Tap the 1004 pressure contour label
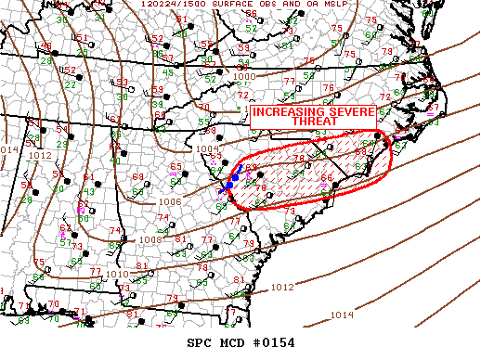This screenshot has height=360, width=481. (x=206, y=148)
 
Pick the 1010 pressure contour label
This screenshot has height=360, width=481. (x=117, y=275)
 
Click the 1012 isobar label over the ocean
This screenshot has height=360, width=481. (x=284, y=288)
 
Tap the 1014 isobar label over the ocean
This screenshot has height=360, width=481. (x=342, y=315)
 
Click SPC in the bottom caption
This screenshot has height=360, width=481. (x=201, y=342)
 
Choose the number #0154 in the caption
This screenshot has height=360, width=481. (x=275, y=342)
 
